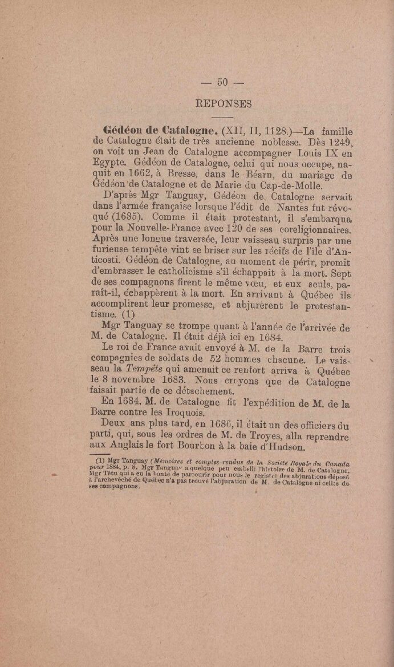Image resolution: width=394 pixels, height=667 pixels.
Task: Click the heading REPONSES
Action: coord(223,104)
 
